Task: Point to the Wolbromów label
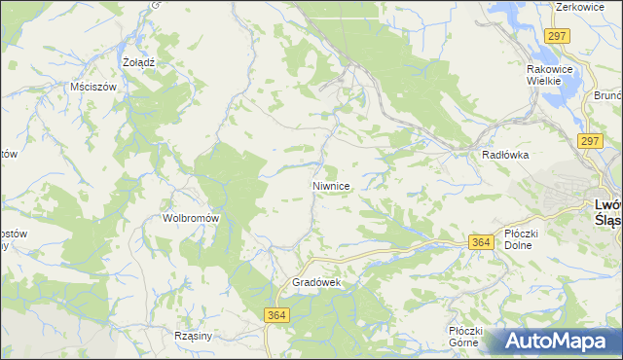pos(191,218)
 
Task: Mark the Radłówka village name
pos(504,155)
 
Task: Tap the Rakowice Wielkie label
pos(552,75)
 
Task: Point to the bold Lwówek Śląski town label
pos(607,211)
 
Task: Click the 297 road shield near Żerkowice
pos(557,36)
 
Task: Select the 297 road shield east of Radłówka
pos(590,141)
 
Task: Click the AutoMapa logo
pos(556,341)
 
